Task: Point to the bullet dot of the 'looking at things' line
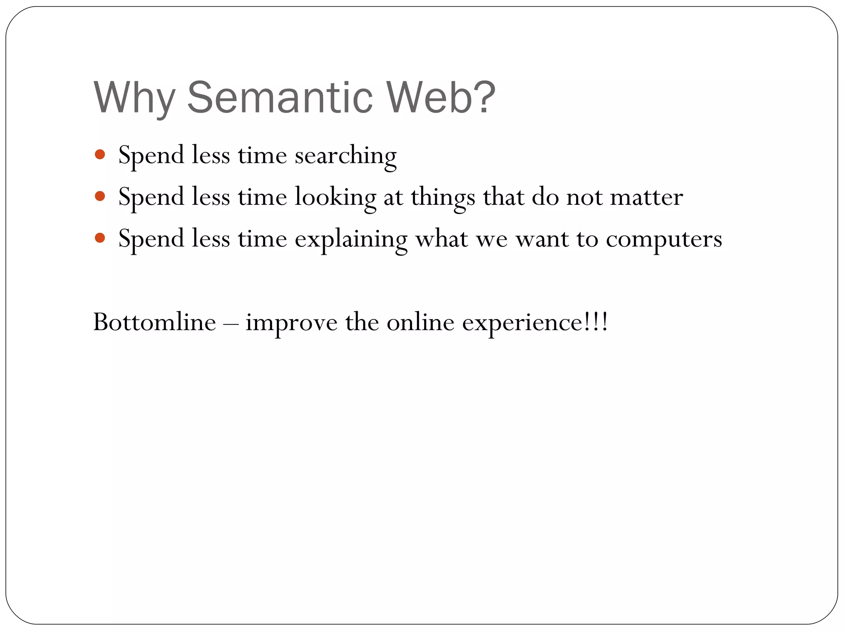[x=100, y=196]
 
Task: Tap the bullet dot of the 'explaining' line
[x=100, y=238]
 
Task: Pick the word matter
[x=646, y=197]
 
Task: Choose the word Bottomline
[x=155, y=322]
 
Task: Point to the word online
[x=420, y=322]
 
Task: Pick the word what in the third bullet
[x=441, y=239]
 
